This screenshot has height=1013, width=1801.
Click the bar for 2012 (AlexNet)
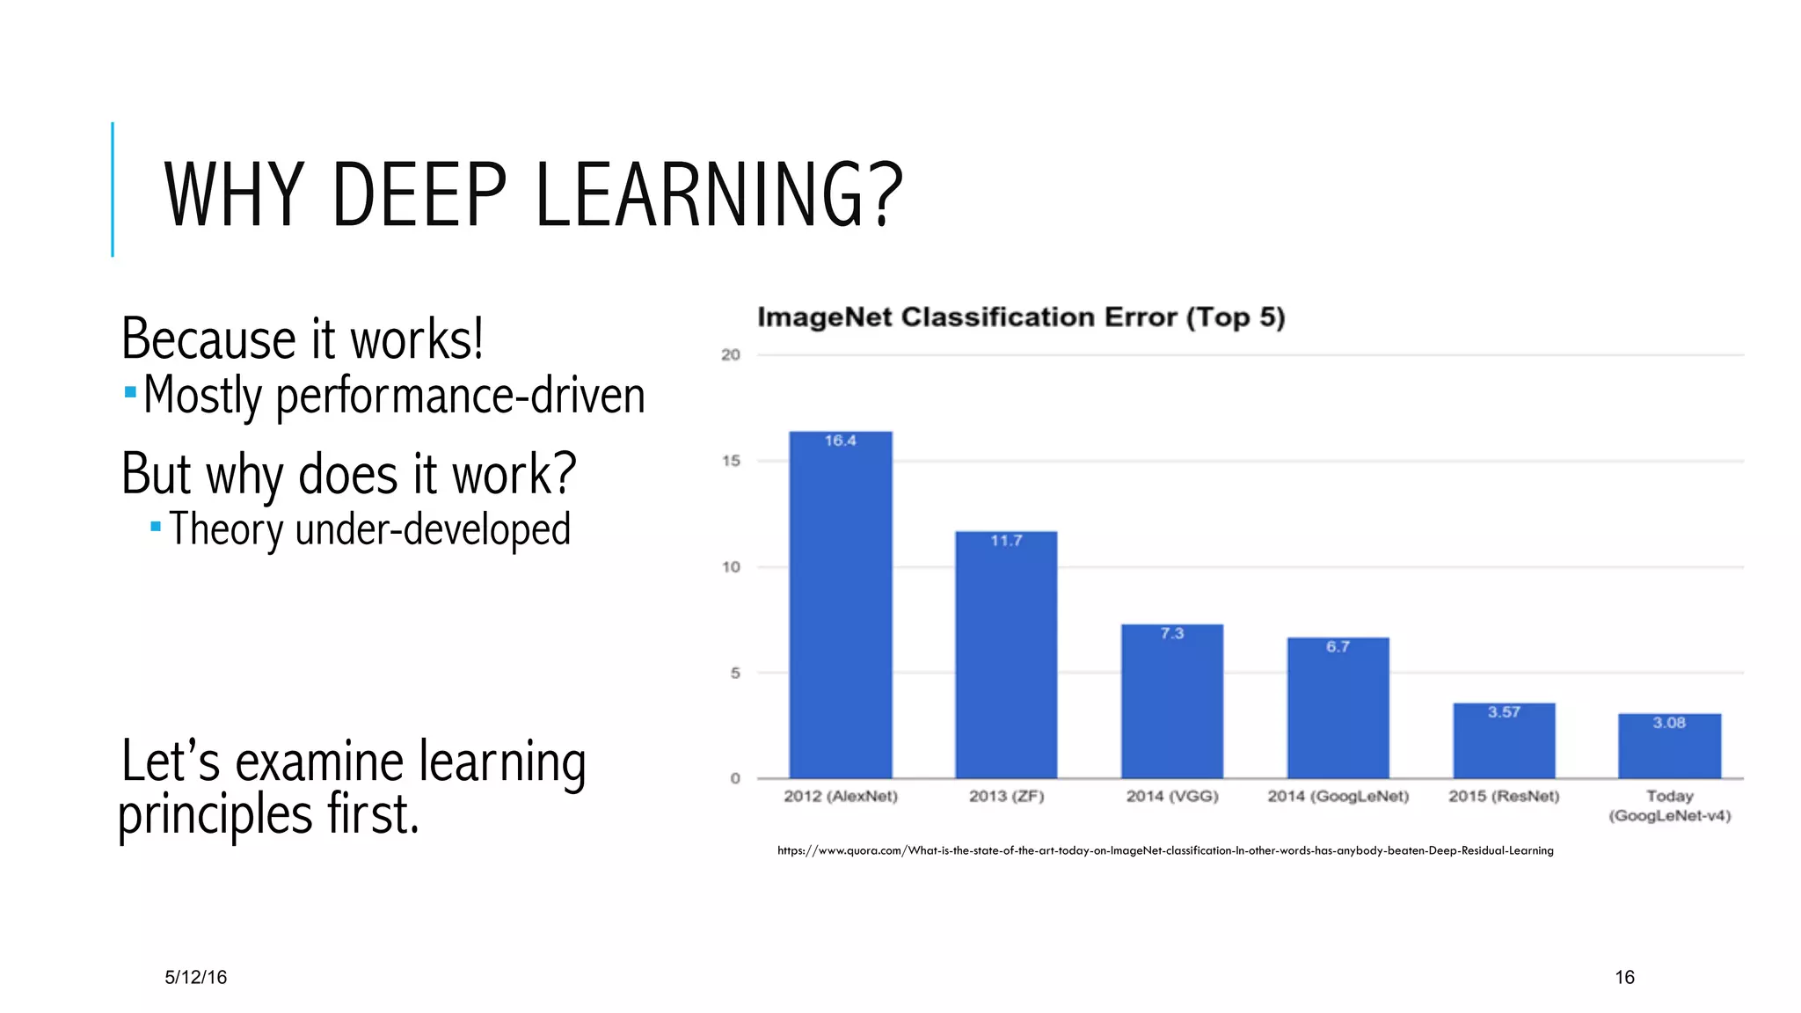[840, 607]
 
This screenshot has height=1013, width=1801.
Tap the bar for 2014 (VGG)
[1171, 703]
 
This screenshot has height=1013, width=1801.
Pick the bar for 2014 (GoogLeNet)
[1338, 711]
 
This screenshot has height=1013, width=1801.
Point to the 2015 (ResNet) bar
[1504, 743]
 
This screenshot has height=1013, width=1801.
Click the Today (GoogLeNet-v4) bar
[1669, 748]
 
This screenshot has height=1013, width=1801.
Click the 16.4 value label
[840, 441]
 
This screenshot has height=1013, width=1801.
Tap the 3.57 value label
[1504, 712]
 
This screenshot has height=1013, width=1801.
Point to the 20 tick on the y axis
[731, 355]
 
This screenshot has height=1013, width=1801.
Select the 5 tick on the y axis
[735, 674]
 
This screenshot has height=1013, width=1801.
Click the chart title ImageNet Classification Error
[1020, 317]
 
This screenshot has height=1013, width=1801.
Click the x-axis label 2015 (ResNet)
[1504, 797]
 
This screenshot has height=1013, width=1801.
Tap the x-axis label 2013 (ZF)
[1006, 797]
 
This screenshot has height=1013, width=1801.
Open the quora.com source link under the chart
[1165, 850]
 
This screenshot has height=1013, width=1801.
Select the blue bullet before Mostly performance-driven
[130, 392]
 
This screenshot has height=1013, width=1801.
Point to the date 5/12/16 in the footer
[195, 977]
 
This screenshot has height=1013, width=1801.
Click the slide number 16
[1624, 977]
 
